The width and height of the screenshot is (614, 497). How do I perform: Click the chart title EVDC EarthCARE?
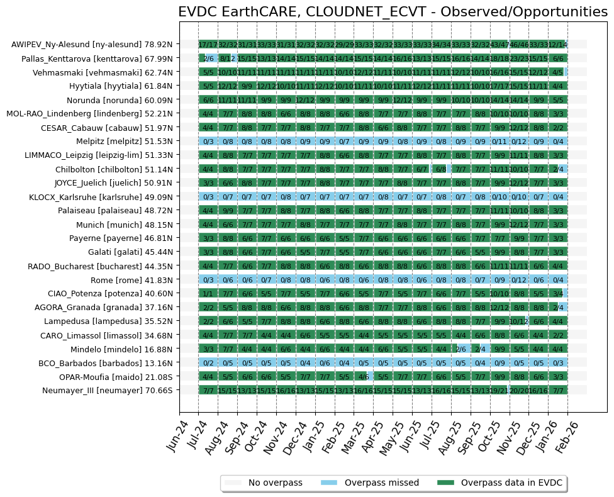click(x=393, y=12)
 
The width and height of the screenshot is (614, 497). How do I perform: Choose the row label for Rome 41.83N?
click(x=142, y=280)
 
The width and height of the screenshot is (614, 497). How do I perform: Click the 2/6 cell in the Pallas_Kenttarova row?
click(x=209, y=59)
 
